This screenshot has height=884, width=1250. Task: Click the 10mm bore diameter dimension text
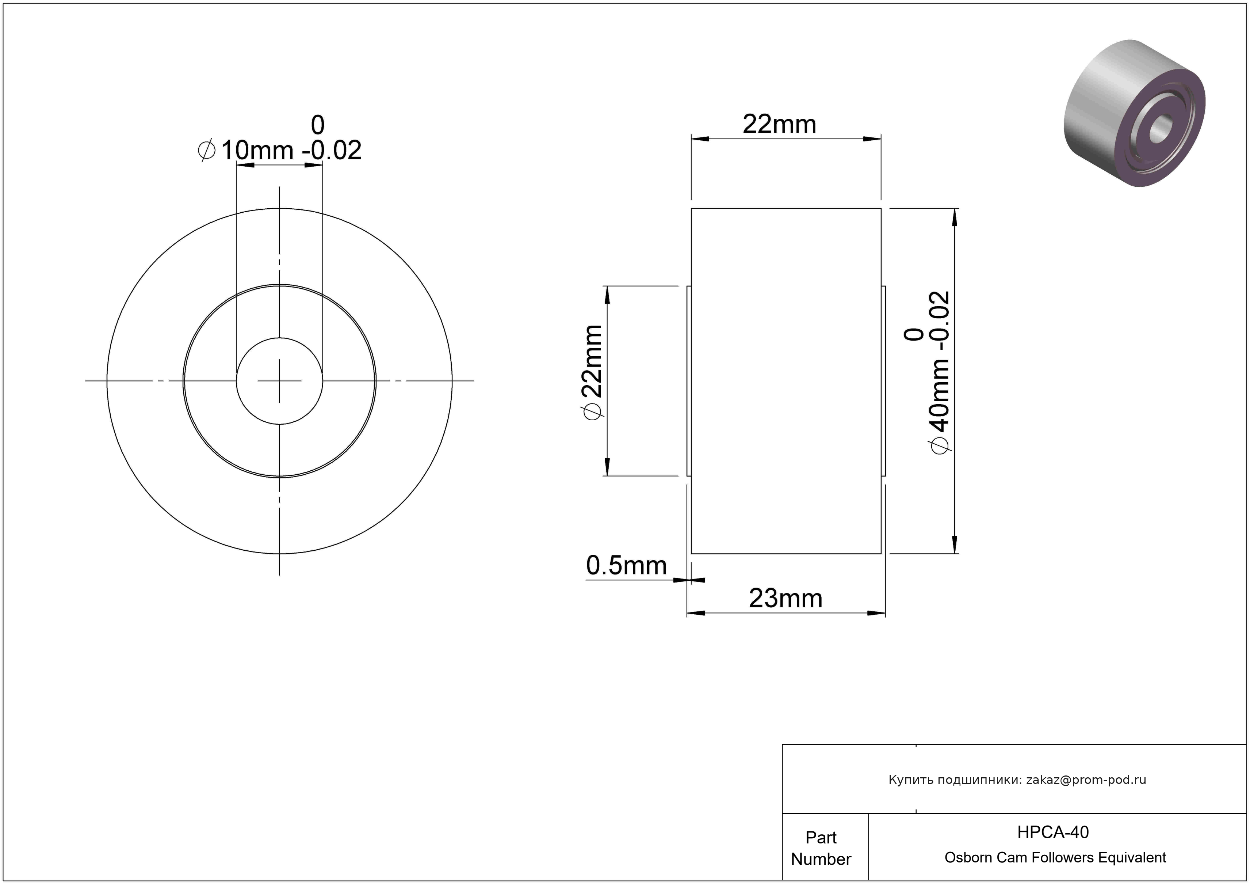coord(257,150)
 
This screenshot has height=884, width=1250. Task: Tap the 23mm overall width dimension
coord(785,599)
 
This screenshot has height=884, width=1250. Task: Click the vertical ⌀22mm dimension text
coord(592,373)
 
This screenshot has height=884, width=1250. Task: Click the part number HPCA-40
coord(1053,832)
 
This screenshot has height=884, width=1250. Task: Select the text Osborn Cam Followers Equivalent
coord(1055,858)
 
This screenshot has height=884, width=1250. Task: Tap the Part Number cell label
coord(821,848)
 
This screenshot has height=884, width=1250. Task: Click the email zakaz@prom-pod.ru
coord(1086,780)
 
